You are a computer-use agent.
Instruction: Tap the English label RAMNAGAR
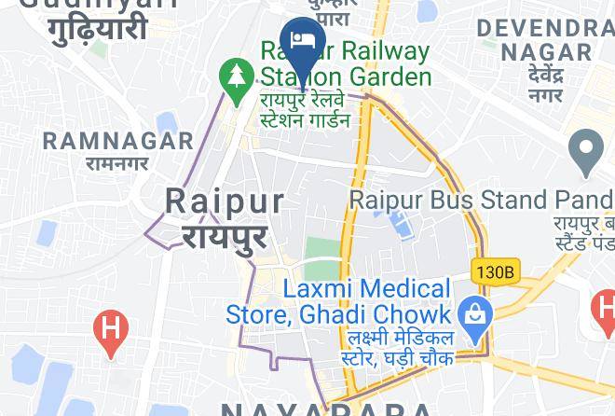(x=117, y=142)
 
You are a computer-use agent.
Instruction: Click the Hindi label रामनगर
(x=117, y=163)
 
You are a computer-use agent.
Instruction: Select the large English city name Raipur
(x=225, y=201)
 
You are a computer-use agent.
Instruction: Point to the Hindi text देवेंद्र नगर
(x=545, y=84)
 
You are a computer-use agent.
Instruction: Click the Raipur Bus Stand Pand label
(x=481, y=200)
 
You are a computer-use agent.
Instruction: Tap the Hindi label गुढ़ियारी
(x=98, y=27)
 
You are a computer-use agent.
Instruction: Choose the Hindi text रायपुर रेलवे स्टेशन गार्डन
(x=306, y=108)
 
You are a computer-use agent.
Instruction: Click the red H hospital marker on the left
(x=111, y=331)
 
